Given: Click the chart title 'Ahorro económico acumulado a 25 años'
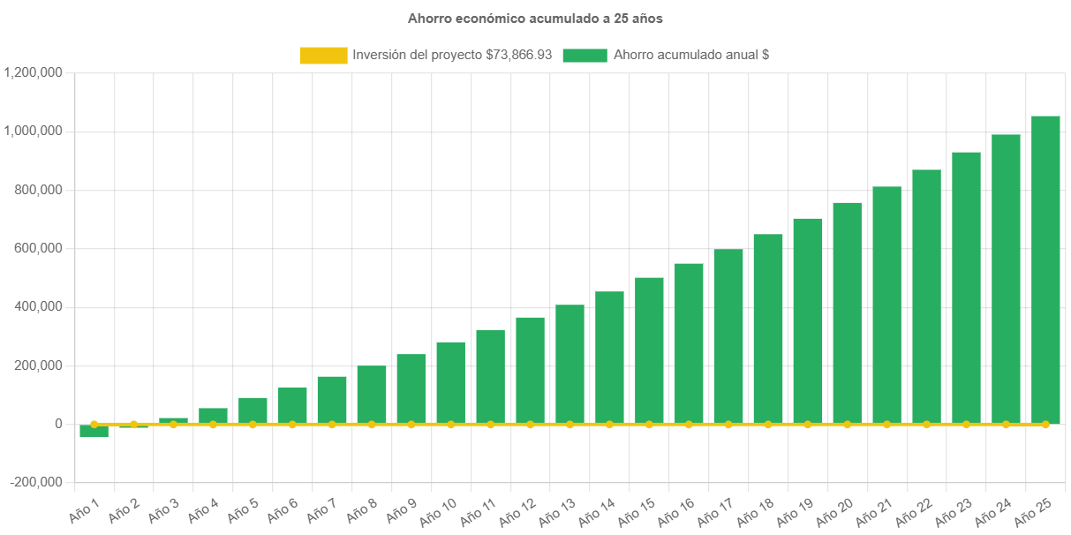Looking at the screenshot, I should (535, 18).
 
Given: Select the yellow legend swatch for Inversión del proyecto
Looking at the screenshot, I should (323, 55).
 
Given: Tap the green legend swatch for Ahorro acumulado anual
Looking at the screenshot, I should (585, 55).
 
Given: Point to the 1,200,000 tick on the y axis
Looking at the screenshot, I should (33, 72).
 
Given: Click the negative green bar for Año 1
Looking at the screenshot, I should (94, 431).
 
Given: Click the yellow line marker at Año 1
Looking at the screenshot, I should (94, 424).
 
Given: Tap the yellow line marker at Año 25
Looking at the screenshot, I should (1045, 425).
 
